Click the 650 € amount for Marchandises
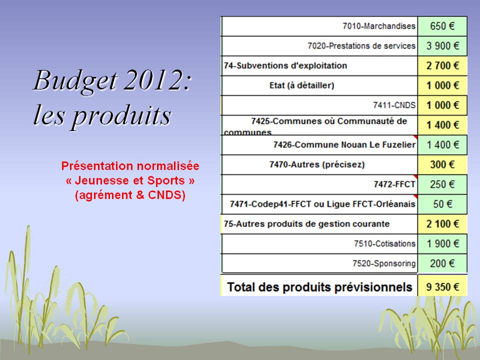(x=442, y=26)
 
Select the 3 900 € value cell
(x=442, y=46)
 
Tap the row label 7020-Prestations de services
(x=361, y=46)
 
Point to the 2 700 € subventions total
(x=442, y=66)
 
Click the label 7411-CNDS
(x=394, y=105)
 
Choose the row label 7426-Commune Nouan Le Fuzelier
(x=344, y=145)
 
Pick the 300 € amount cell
(x=442, y=164)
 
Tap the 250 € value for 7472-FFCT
(x=442, y=184)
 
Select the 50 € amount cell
(x=442, y=204)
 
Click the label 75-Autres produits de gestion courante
(x=306, y=224)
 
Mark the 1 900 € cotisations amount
(x=442, y=243)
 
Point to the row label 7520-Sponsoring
(x=384, y=263)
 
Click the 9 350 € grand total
(x=442, y=287)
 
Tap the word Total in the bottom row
(x=241, y=287)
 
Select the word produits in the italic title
(x=121, y=115)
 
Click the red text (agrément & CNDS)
(x=130, y=195)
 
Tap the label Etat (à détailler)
(x=301, y=85)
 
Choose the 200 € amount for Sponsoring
(x=442, y=263)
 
